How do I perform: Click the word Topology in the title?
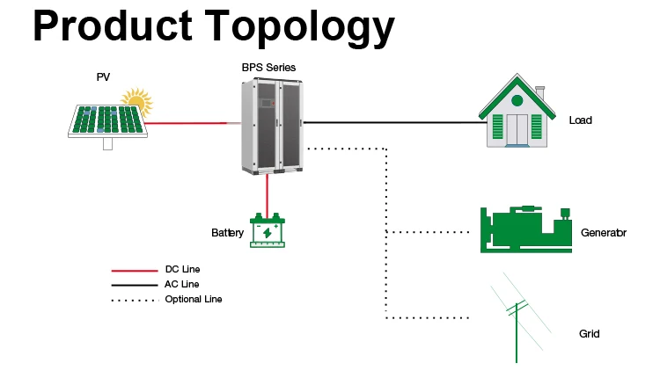pyautogui.click(x=300, y=28)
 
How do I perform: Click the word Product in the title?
pyautogui.click(x=113, y=25)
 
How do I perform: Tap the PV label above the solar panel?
pyautogui.click(x=103, y=77)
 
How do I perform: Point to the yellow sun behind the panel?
pyautogui.click(x=138, y=99)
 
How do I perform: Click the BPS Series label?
pyautogui.click(x=268, y=68)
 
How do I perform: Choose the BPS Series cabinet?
pyautogui.click(x=272, y=126)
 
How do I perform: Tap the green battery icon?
pyautogui.click(x=268, y=230)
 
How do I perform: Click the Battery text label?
pyautogui.click(x=227, y=233)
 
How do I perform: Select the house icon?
pyautogui.click(x=517, y=111)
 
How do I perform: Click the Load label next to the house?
pyautogui.click(x=581, y=120)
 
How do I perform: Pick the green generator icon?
pyautogui.click(x=526, y=229)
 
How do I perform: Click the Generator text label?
pyautogui.click(x=604, y=233)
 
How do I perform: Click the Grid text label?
pyautogui.click(x=590, y=334)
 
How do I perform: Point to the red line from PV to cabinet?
pyautogui.click(x=193, y=123)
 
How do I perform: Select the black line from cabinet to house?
pyautogui.click(x=395, y=122)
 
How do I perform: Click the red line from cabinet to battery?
pyautogui.click(x=267, y=195)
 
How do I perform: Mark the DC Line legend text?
pyautogui.click(x=182, y=269)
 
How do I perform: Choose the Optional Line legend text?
pyautogui.click(x=194, y=300)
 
